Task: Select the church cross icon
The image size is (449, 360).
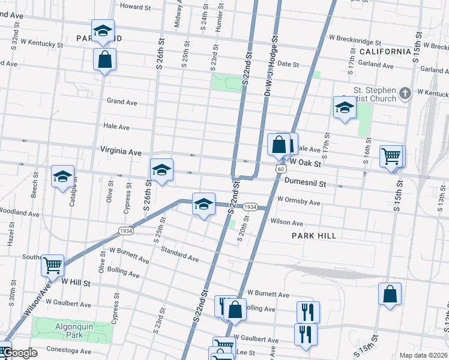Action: coord(405,93)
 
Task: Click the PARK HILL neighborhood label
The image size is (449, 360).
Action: coord(314,236)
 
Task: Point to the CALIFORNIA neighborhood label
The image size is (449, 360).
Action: coord(385,52)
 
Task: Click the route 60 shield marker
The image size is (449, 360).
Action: coord(280,169)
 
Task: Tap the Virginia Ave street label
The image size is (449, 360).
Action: coord(121,152)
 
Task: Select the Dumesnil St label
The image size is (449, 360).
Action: coord(305,181)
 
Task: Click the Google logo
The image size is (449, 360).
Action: coord(19,353)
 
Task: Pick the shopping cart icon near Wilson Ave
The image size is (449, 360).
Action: coord(53,264)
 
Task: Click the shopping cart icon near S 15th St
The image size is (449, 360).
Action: coord(391,156)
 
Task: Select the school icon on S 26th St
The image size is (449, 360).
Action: coord(161,170)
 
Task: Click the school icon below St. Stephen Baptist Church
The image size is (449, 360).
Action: coord(345,107)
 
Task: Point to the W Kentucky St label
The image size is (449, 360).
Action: coord(41,44)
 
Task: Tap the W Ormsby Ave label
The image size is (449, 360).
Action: coord(298,202)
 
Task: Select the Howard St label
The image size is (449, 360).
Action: coord(136,7)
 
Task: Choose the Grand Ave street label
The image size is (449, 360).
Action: coord(122,101)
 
